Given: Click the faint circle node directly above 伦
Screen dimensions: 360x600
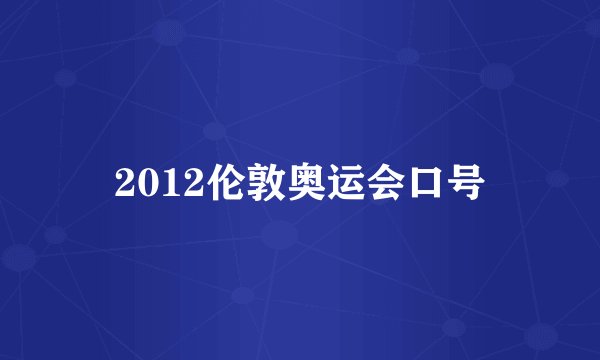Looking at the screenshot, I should (213, 130).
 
